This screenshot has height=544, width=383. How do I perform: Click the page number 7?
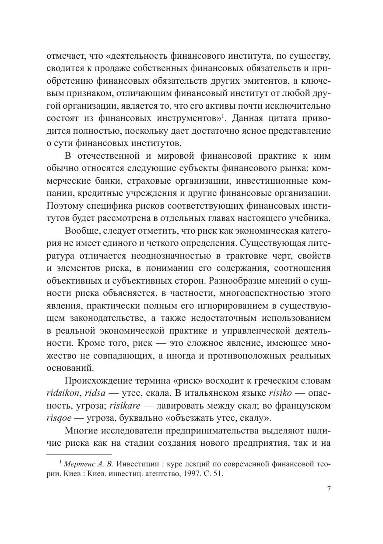pyautogui.click(x=329, y=489)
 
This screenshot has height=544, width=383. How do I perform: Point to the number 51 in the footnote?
pyautogui.click(x=218, y=474)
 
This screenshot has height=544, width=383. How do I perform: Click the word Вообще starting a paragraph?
pyautogui.click(x=83, y=231)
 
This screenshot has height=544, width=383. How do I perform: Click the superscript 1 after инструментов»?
pyautogui.click(x=223, y=115)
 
